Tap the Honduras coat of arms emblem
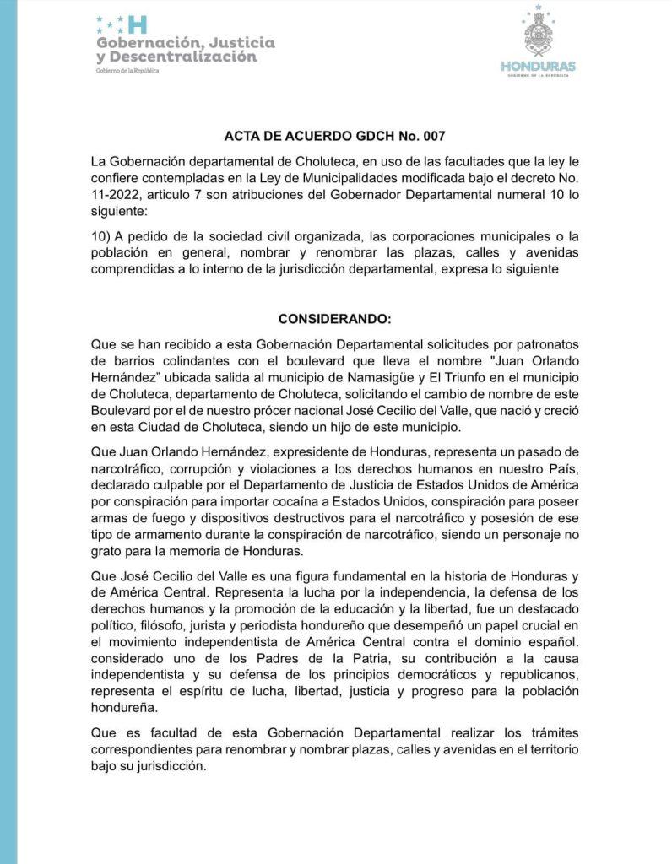point(538,34)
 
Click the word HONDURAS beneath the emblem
point(538,66)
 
